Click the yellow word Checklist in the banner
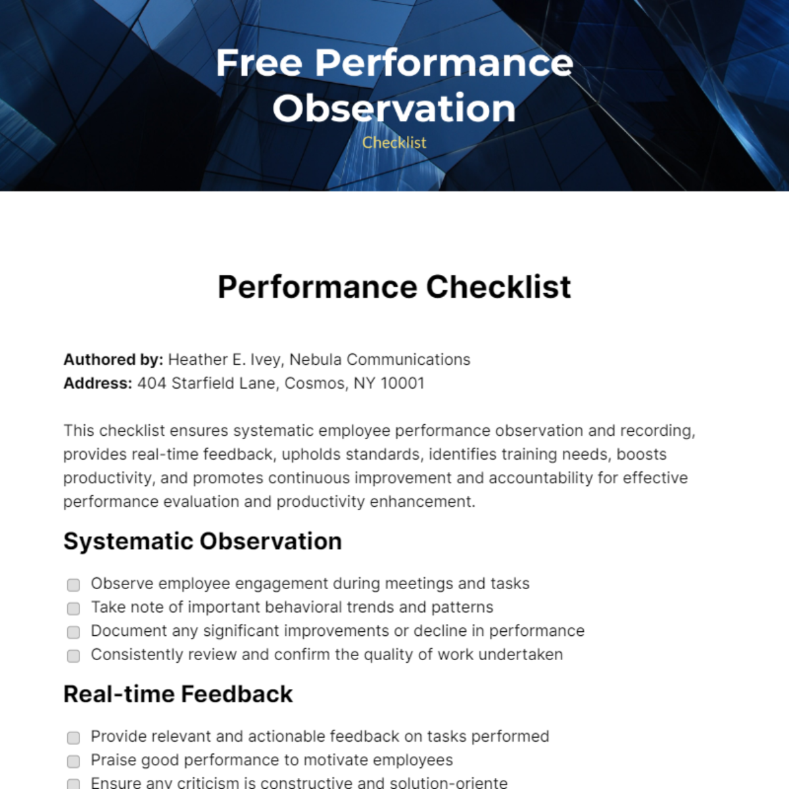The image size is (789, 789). pyautogui.click(x=394, y=143)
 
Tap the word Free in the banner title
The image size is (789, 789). pyautogui.click(x=259, y=63)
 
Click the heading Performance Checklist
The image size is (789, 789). pyautogui.click(x=394, y=287)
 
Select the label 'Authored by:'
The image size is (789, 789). pyautogui.click(x=113, y=360)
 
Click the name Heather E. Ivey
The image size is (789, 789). pyautogui.click(x=225, y=360)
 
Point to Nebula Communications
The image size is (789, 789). pyautogui.click(x=380, y=360)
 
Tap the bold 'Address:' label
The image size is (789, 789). pyautogui.click(x=98, y=383)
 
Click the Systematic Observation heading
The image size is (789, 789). pyautogui.click(x=203, y=541)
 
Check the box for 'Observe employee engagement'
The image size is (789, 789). pyautogui.click(x=74, y=585)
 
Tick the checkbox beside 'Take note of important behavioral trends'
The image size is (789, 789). pyautogui.click(x=74, y=608)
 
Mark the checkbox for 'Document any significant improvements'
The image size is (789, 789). pyautogui.click(x=74, y=632)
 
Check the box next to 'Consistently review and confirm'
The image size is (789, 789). pyautogui.click(x=74, y=656)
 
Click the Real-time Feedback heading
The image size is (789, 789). pyautogui.click(x=178, y=694)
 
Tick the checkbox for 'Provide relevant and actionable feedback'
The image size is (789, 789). pyautogui.click(x=74, y=738)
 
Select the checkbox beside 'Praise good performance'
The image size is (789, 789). pyautogui.click(x=74, y=761)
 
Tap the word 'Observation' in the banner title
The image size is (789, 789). pyautogui.click(x=394, y=108)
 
